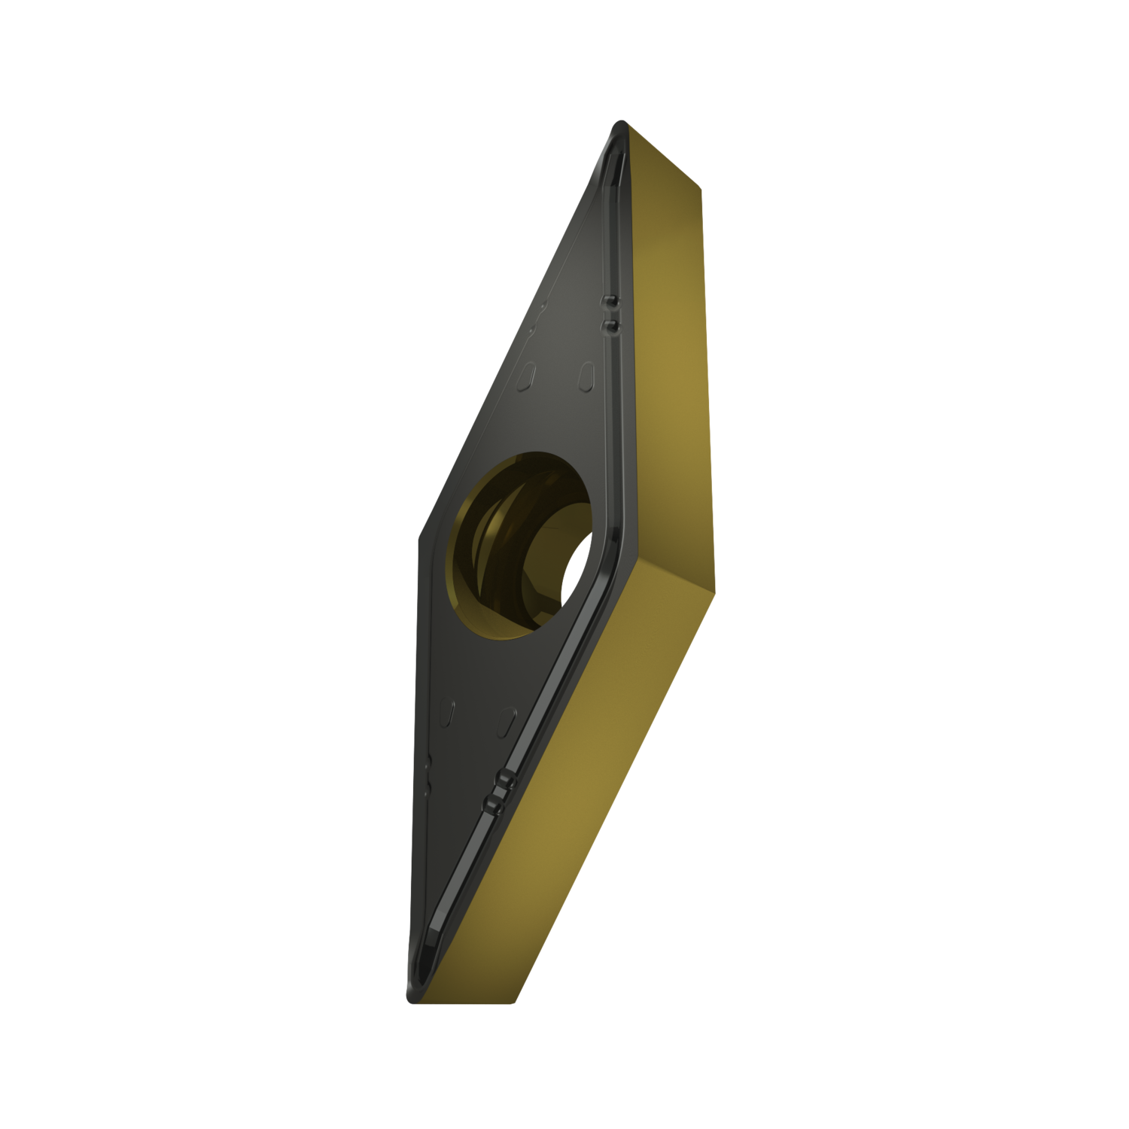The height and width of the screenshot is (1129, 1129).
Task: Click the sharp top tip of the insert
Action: click(x=619, y=122)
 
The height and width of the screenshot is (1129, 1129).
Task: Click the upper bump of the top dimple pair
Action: click(x=608, y=303)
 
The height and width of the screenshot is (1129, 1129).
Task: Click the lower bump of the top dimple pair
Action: click(x=608, y=325)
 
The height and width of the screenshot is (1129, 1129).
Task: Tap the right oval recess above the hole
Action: click(x=586, y=374)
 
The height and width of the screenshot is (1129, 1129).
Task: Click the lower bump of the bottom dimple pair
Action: click(x=495, y=806)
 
